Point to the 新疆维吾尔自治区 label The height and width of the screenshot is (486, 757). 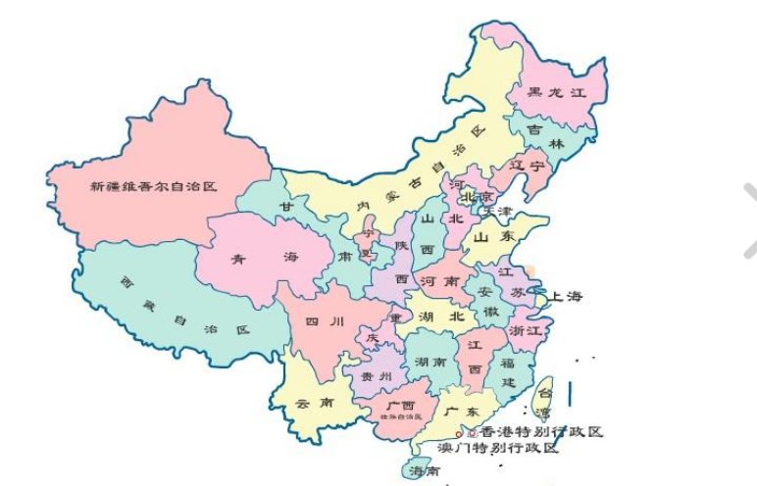(x=152, y=185)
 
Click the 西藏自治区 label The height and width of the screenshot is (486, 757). (x=183, y=304)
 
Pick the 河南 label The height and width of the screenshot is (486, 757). (x=435, y=280)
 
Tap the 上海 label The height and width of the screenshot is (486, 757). (x=567, y=295)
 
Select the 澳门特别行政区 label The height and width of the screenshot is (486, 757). (x=499, y=448)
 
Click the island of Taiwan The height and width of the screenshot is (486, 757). (x=542, y=398)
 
